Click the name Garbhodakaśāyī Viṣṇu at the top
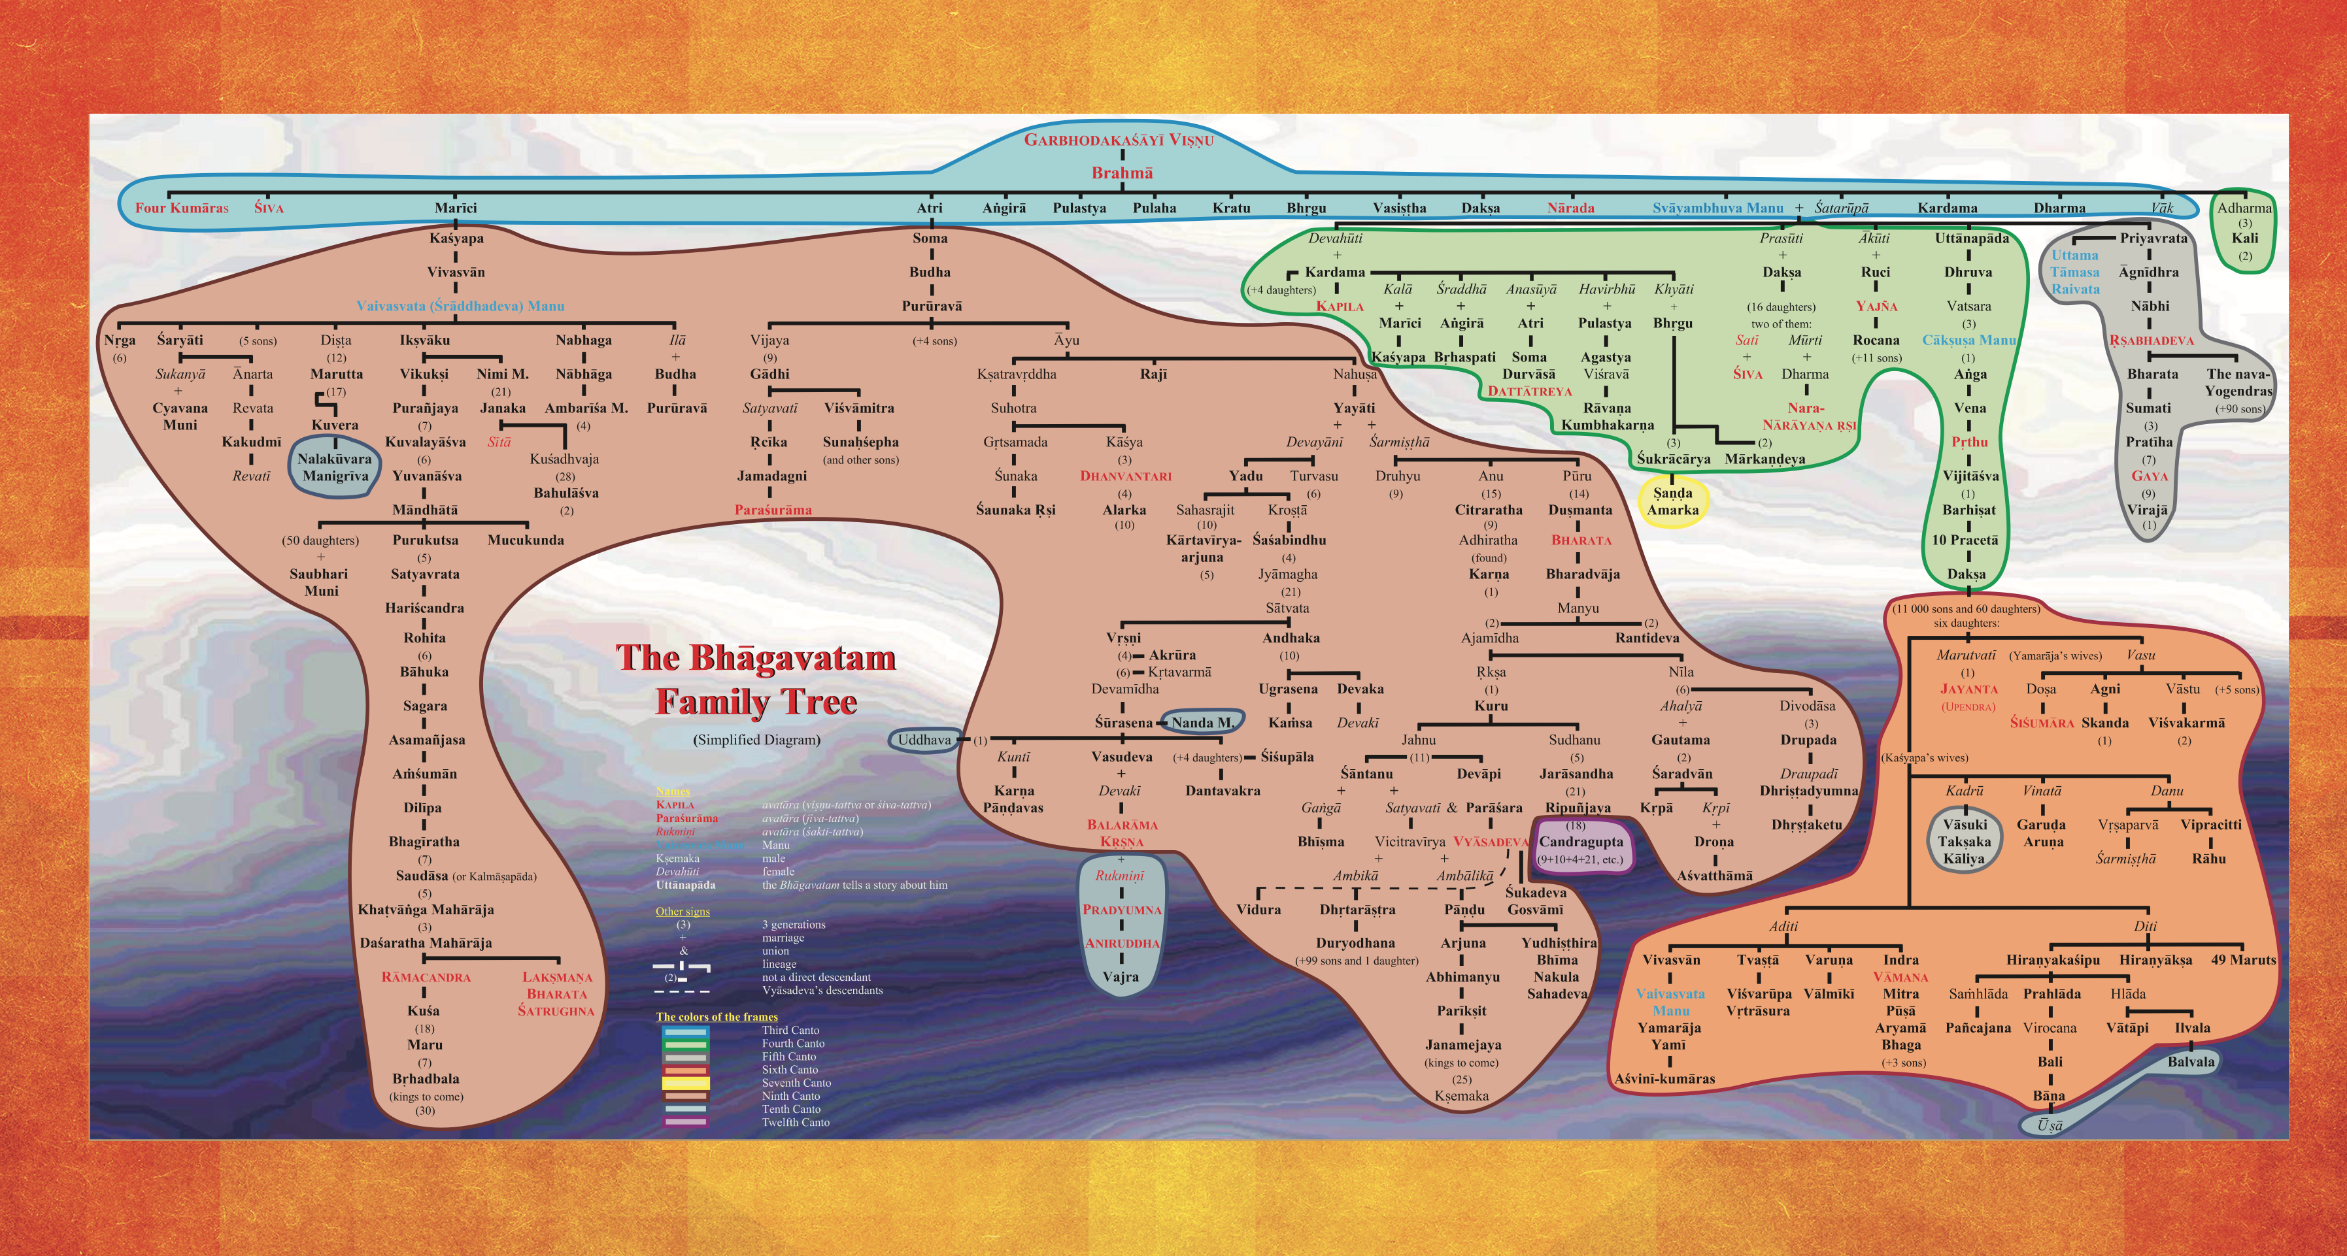[1118, 139]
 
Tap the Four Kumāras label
[181, 208]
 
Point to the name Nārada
[1570, 208]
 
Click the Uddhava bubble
[924, 740]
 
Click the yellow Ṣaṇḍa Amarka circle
[1672, 502]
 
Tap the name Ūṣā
[2049, 1126]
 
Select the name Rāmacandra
[426, 978]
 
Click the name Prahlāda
[2052, 994]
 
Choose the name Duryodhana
[1355, 944]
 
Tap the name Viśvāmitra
[858, 408]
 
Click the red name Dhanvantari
[1125, 476]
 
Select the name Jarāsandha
[1576, 774]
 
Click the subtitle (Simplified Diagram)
[756, 740]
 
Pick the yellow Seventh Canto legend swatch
[685, 1083]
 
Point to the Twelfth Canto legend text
[796, 1122]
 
